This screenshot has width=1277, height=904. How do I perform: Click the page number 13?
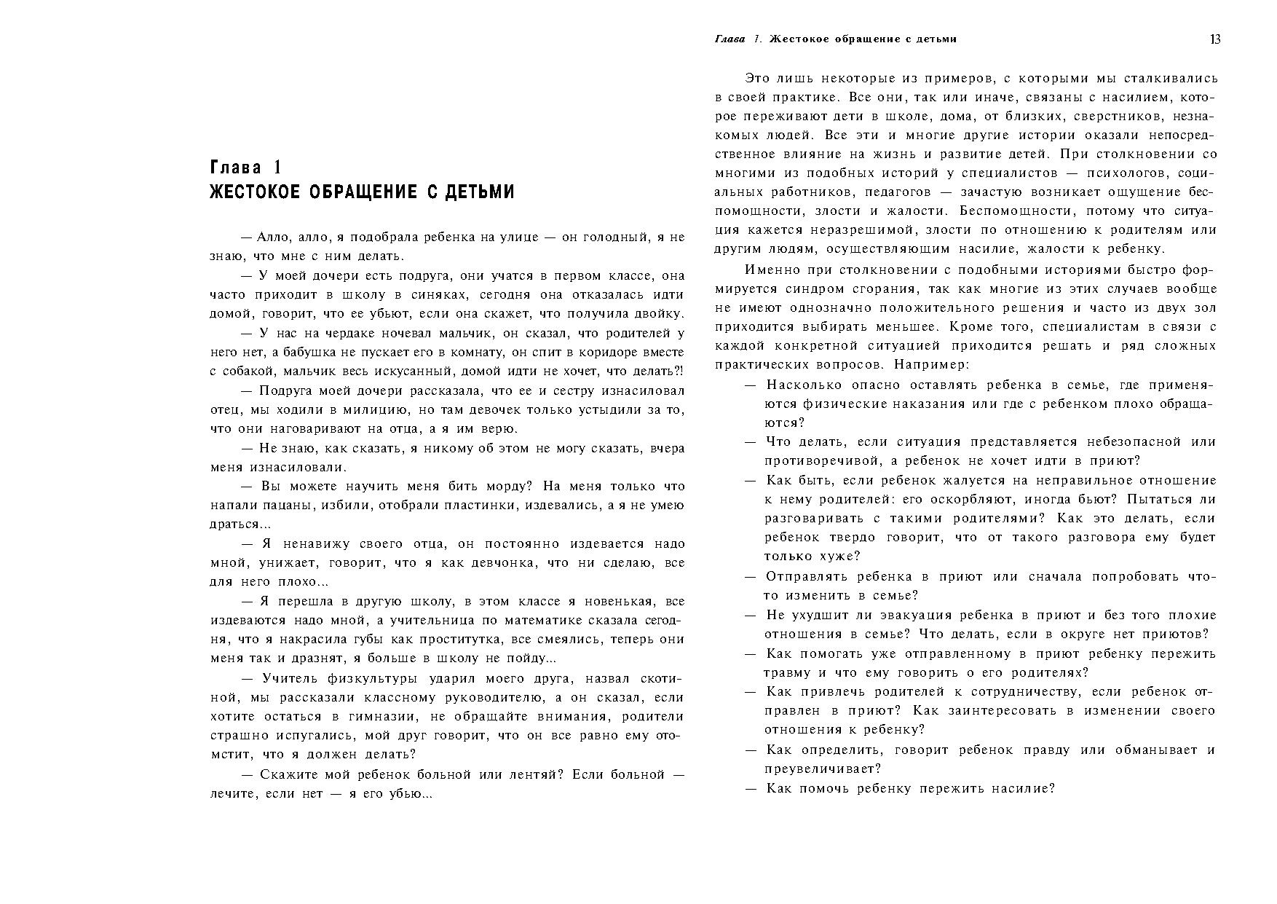(x=1215, y=39)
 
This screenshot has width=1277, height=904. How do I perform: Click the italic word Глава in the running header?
(x=730, y=39)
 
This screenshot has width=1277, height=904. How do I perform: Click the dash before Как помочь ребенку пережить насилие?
(x=751, y=788)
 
